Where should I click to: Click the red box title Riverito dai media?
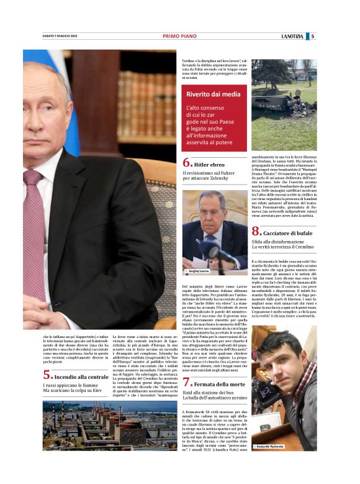tap(213, 94)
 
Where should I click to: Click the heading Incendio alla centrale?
tap(81, 377)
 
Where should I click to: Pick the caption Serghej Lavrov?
tap(197, 272)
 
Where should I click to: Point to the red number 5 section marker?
tap(47, 375)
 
